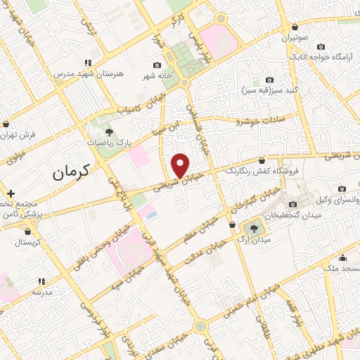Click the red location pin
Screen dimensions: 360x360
(x=181, y=165)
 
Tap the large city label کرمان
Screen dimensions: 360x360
(x=72, y=170)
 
